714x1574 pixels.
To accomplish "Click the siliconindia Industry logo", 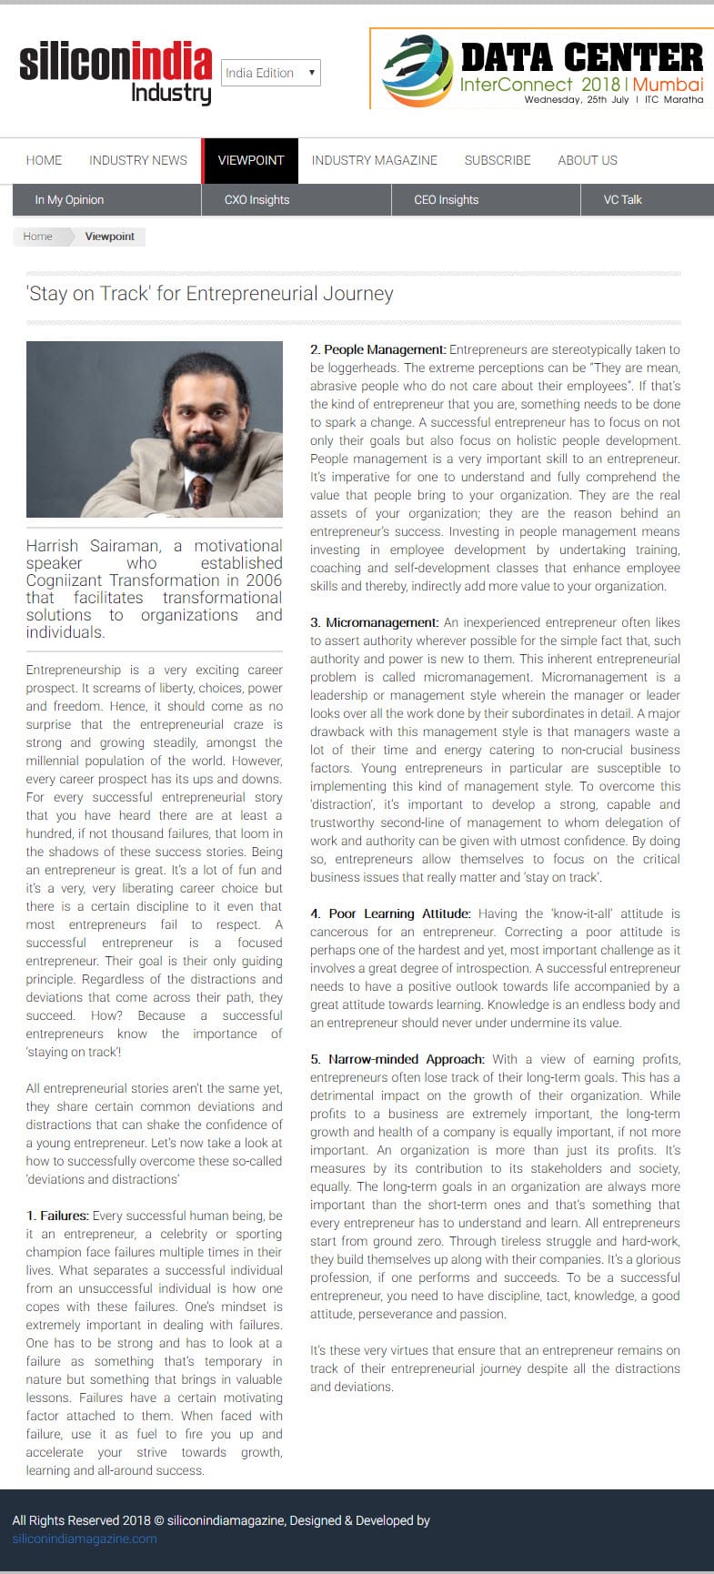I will tap(116, 73).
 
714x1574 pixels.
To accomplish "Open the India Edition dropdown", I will tap(270, 73).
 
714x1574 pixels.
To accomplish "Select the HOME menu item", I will tap(44, 160).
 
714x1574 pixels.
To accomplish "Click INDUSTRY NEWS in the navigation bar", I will tap(138, 160).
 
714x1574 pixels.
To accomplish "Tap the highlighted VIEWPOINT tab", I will tap(251, 160).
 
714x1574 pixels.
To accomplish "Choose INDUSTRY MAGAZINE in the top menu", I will tap(374, 160).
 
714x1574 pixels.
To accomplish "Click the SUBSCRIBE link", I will tap(498, 160).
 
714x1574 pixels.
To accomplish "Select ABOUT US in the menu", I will tap(588, 160).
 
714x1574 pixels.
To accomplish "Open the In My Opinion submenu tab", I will tap(69, 200).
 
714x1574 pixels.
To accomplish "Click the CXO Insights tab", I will tap(256, 200).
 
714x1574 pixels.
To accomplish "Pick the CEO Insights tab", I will tap(446, 200).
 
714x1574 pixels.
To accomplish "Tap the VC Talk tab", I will tap(622, 200).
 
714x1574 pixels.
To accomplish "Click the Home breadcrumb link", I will tap(38, 237).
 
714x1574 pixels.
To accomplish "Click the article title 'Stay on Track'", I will tap(210, 294).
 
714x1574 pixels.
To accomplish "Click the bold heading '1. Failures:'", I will tap(57, 1216).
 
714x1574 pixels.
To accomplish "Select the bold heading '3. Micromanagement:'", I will tap(374, 622).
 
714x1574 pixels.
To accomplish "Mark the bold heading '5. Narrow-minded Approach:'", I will tap(397, 1059).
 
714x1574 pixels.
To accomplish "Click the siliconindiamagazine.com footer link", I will tap(85, 1539).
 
